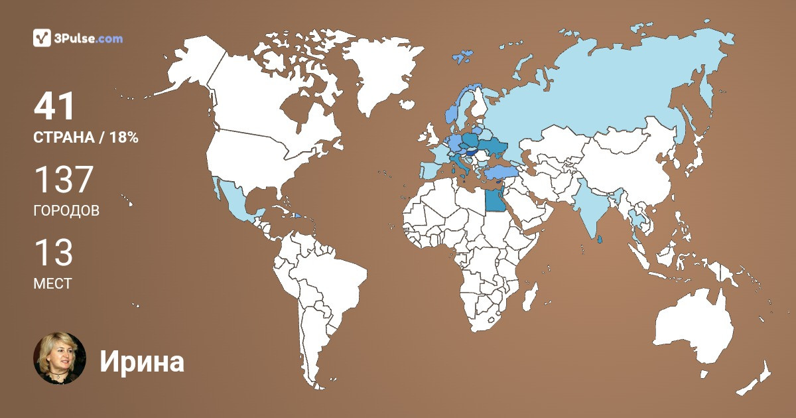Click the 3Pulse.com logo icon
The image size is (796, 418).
point(42,38)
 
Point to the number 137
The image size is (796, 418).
point(64,180)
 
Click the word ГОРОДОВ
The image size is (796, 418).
point(66,211)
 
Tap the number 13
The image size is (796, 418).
point(53,253)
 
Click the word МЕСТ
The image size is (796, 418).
point(52,283)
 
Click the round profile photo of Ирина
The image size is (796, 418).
point(60,358)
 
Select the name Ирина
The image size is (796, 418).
point(142,362)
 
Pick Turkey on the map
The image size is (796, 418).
point(501,173)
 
